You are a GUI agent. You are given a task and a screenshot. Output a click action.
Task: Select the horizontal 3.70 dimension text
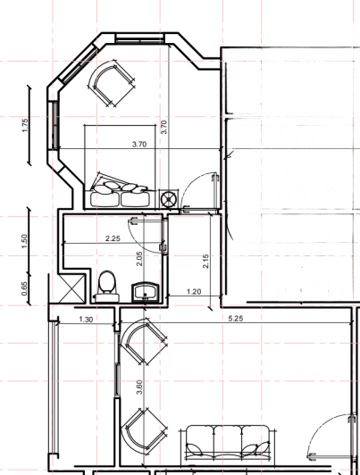pos(139,143)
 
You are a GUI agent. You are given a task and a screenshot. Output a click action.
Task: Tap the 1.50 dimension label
pos(25,241)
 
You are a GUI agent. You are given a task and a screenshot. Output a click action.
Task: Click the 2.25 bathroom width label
pos(113,238)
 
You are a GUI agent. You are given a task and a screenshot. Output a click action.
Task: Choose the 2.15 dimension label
pos(206,261)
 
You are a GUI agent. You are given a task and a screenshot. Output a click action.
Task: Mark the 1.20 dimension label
pos(193,292)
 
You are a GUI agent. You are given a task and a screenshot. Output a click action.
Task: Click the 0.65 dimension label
pos(25,287)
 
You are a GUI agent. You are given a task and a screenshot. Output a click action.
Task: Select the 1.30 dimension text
pos(86,319)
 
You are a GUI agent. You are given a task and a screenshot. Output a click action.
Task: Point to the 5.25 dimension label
pos(236,319)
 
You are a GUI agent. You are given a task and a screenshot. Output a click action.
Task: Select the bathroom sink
pos(144,290)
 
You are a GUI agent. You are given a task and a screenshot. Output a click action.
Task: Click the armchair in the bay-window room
pos(113,81)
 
